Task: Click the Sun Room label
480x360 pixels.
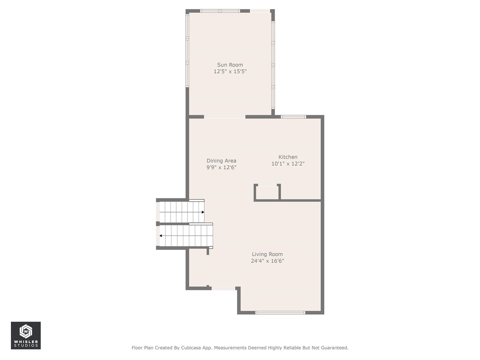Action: [230, 65]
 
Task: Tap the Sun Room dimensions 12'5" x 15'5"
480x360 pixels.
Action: [230, 72]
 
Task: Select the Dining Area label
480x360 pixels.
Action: [221, 161]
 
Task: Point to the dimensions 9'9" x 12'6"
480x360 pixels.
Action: [221, 168]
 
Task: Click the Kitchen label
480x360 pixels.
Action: [288, 157]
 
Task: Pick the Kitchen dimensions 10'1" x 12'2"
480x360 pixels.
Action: [288, 164]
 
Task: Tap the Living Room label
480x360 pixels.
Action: [267, 254]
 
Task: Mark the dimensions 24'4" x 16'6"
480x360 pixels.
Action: [267, 261]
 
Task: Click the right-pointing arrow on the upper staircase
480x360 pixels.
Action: [203, 212]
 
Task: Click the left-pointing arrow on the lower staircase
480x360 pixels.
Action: [161, 236]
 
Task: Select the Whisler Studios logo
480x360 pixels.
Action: [26, 335]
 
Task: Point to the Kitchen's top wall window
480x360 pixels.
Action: [294, 117]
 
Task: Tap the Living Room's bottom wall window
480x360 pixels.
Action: [280, 313]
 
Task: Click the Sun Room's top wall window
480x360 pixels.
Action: [220, 11]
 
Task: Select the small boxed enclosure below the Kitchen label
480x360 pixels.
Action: [267, 192]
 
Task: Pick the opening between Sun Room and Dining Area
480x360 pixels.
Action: [225, 117]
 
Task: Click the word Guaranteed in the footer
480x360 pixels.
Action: [333, 348]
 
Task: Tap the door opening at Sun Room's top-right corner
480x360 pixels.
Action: [260, 11]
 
